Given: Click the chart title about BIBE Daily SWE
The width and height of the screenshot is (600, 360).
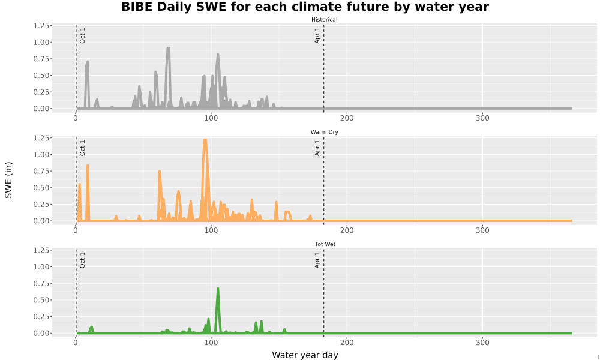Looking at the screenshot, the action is click(305, 7).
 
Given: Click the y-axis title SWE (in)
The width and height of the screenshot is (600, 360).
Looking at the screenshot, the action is click(8, 180).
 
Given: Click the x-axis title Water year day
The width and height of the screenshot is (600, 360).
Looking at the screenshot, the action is click(305, 355).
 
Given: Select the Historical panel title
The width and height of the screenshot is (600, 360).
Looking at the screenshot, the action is click(324, 20).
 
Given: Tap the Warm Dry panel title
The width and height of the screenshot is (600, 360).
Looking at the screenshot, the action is click(324, 132).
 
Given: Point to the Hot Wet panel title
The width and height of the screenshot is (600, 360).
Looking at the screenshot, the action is click(324, 244).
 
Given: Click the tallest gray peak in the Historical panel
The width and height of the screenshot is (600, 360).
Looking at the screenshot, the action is click(168, 48).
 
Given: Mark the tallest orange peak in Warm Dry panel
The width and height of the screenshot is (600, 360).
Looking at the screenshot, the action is click(205, 140).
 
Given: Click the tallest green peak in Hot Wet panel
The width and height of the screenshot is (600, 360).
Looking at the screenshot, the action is click(218, 289).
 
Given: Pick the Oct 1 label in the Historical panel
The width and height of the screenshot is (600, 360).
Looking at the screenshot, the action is click(82, 35).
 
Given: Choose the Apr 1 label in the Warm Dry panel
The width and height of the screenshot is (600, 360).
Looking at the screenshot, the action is click(317, 148).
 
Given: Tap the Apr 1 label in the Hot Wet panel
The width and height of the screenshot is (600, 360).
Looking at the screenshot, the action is click(317, 260).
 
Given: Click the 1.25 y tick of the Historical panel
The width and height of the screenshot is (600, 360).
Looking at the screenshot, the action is click(41, 26).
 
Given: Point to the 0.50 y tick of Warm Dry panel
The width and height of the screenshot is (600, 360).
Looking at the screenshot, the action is click(41, 188).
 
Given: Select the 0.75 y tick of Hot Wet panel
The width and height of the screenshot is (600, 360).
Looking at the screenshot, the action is click(41, 283).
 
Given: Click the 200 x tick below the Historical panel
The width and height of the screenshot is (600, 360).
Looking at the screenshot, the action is click(347, 118).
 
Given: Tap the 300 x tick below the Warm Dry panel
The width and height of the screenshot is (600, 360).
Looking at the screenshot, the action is click(482, 230).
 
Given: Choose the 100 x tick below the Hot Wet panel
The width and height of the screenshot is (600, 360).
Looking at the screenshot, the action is click(211, 343).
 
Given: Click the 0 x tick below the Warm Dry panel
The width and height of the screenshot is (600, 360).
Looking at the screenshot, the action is click(76, 230).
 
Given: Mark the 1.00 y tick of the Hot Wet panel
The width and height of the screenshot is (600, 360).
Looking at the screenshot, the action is click(41, 266).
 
